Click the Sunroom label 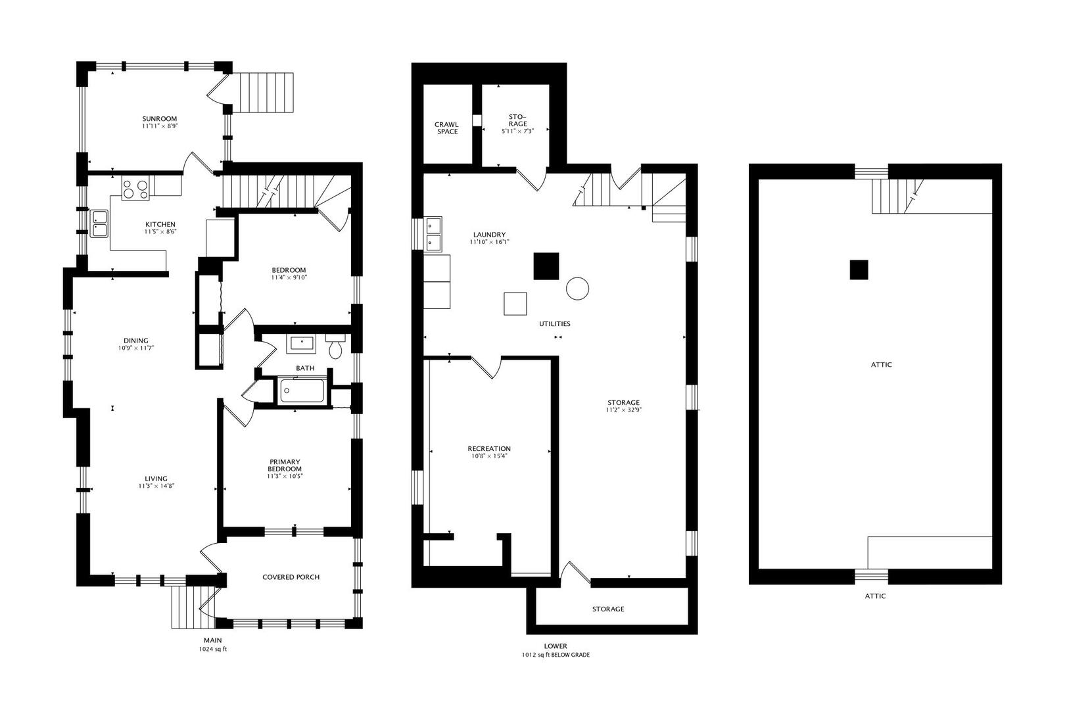(160, 119)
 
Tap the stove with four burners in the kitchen (136, 189)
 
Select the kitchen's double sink (100, 223)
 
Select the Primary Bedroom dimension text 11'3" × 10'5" (285, 476)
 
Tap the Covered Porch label (291, 577)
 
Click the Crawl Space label (447, 128)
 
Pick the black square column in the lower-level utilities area (546, 266)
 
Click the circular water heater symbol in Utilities (577, 288)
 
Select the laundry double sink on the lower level (433, 234)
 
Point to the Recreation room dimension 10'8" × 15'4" (490, 456)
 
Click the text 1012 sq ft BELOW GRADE (556, 655)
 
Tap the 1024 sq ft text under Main (212, 649)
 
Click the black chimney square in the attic (859, 270)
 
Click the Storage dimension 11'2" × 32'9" (623, 410)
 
